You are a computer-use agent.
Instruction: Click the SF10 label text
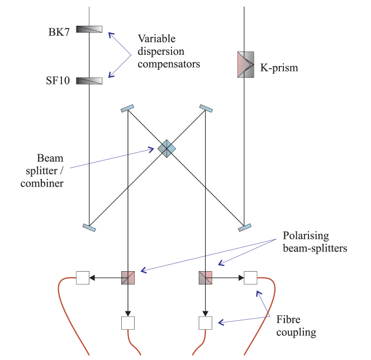[x=58, y=81]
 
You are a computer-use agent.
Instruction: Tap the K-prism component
[x=245, y=65]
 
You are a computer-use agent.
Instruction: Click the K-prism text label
[x=279, y=68]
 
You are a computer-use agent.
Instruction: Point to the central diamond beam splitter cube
[x=166, y=148]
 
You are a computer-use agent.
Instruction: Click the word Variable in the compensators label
[x=156, y=39]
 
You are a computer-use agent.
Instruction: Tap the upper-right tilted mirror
[x=206, y=108]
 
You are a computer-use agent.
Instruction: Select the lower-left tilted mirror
[x=89, y=227]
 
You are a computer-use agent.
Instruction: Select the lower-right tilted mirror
[x=244, y=227]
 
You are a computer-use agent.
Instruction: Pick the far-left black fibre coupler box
[x=83, y=277]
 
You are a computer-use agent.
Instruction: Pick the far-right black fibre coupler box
[x=250, y=277]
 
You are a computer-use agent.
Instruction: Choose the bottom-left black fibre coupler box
[x=128, y=323]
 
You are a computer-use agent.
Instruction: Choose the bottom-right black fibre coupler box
[x=206, y=323]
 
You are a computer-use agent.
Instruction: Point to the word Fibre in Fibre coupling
[x=288, y=320]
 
